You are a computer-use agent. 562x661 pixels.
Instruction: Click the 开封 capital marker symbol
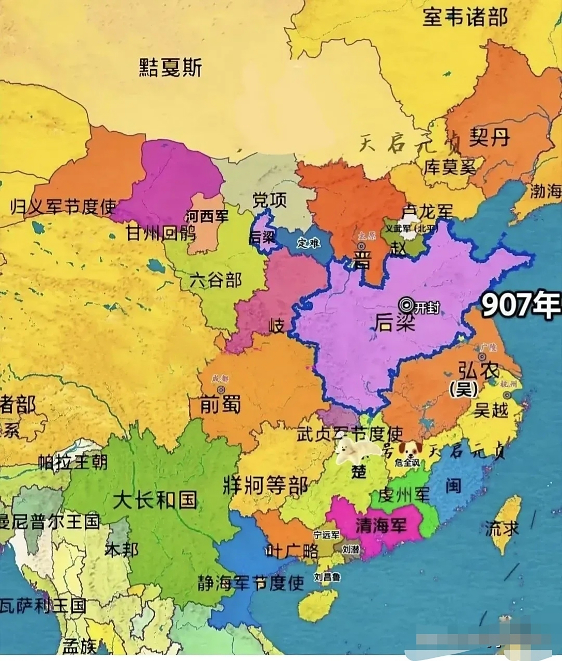[x=407, y=304]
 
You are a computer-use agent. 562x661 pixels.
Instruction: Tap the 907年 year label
[x=521, y=305]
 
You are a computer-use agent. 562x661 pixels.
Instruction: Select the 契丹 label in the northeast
[x=489, y=138]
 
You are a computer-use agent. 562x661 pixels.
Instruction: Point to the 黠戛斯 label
[x=170, y=68]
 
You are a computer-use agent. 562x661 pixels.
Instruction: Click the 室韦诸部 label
[x=465, y=18]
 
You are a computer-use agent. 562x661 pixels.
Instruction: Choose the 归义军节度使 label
[x=63, y=207]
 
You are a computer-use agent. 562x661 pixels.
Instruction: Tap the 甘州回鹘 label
[x=161, y=233]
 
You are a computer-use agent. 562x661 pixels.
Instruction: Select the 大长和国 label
[x=155, y=500]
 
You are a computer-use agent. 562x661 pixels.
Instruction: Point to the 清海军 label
[x=381, y=525]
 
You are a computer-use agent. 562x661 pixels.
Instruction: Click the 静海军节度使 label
[x=250, y=583]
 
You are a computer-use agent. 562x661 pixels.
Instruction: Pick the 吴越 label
[x=491, y=410]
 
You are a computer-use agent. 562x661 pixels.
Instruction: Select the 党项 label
[x=269, y=200]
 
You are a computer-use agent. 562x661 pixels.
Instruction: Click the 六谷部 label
[x=215, y=280]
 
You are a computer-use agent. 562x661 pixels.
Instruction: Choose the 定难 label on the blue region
[x=308, y=243]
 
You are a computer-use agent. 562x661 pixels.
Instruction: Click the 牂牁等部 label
[x=266, y=485]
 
